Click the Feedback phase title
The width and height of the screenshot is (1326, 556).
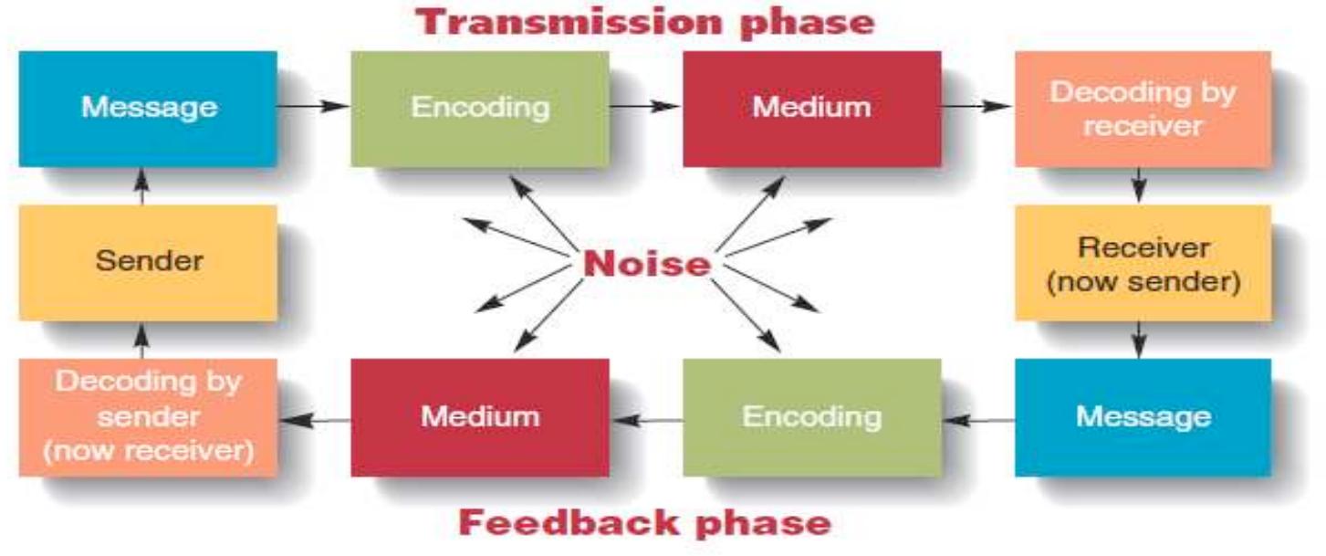click(x=644, y=523)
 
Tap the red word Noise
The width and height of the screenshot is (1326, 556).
click(x=647, y=264)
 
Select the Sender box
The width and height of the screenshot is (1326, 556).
click(x=148, y=262)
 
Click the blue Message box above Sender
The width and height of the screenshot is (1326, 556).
click(x=148, y=108)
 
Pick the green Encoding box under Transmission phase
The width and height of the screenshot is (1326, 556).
click(x=480, y=108)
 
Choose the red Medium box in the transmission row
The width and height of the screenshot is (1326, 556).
click(x=811, y=108)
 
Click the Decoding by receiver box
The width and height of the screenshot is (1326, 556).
click(x=1142, y=109)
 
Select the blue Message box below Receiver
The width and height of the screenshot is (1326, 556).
click(x=1142, y=417)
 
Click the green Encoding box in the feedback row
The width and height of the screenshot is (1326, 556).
click(x=811, y=417)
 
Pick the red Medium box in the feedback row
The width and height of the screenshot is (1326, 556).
click(x=480, y=417)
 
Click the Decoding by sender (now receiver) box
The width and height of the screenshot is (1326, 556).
click(x=148, y=417)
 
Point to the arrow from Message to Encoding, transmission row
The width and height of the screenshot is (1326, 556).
click(x=313, y=106)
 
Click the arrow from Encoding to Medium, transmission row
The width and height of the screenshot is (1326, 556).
click(x=645, y=106)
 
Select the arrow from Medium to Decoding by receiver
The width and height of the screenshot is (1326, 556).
click(x=976, y=106)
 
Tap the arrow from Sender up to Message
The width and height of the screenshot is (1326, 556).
click(x=141, y=186)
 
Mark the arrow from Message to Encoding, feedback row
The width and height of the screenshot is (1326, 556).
click(x=978, y=420)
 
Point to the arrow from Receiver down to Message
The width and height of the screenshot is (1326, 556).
click(x=1139, y=340)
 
